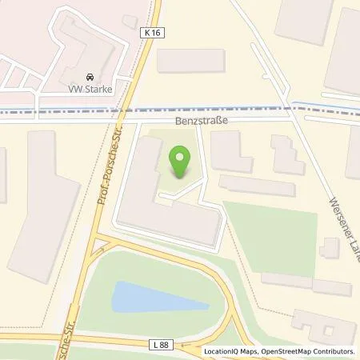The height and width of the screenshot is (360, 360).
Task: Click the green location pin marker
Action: (x=181, y=162)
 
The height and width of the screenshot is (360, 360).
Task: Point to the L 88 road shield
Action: (x=160, y=342)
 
